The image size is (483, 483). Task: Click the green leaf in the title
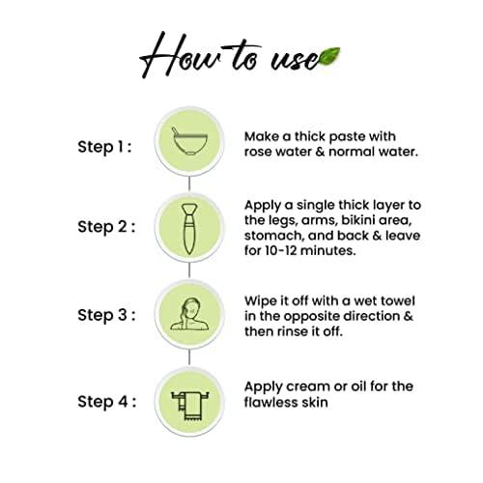pyautogui.click(x=327, y=57)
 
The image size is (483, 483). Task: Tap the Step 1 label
pyautogui.click(x=104, y=147)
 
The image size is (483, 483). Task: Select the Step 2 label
pyautogui.click(x=106, y=227)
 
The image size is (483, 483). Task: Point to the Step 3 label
pyautogui.click(x=106, y=315)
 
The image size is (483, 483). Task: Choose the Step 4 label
pyautogui.click(x=106, y=402)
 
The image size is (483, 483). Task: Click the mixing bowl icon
pyautogui.click(x=189, y=141)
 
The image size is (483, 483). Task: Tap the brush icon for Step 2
pyautogui.click(x=189, y=229)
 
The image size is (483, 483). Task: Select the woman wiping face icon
pyautogui.click(x=189, y=314)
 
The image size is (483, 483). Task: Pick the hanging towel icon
pyautogui.click(x=189, y=406)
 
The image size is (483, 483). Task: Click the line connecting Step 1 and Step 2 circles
pyautogui.click(x=189, y=184)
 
